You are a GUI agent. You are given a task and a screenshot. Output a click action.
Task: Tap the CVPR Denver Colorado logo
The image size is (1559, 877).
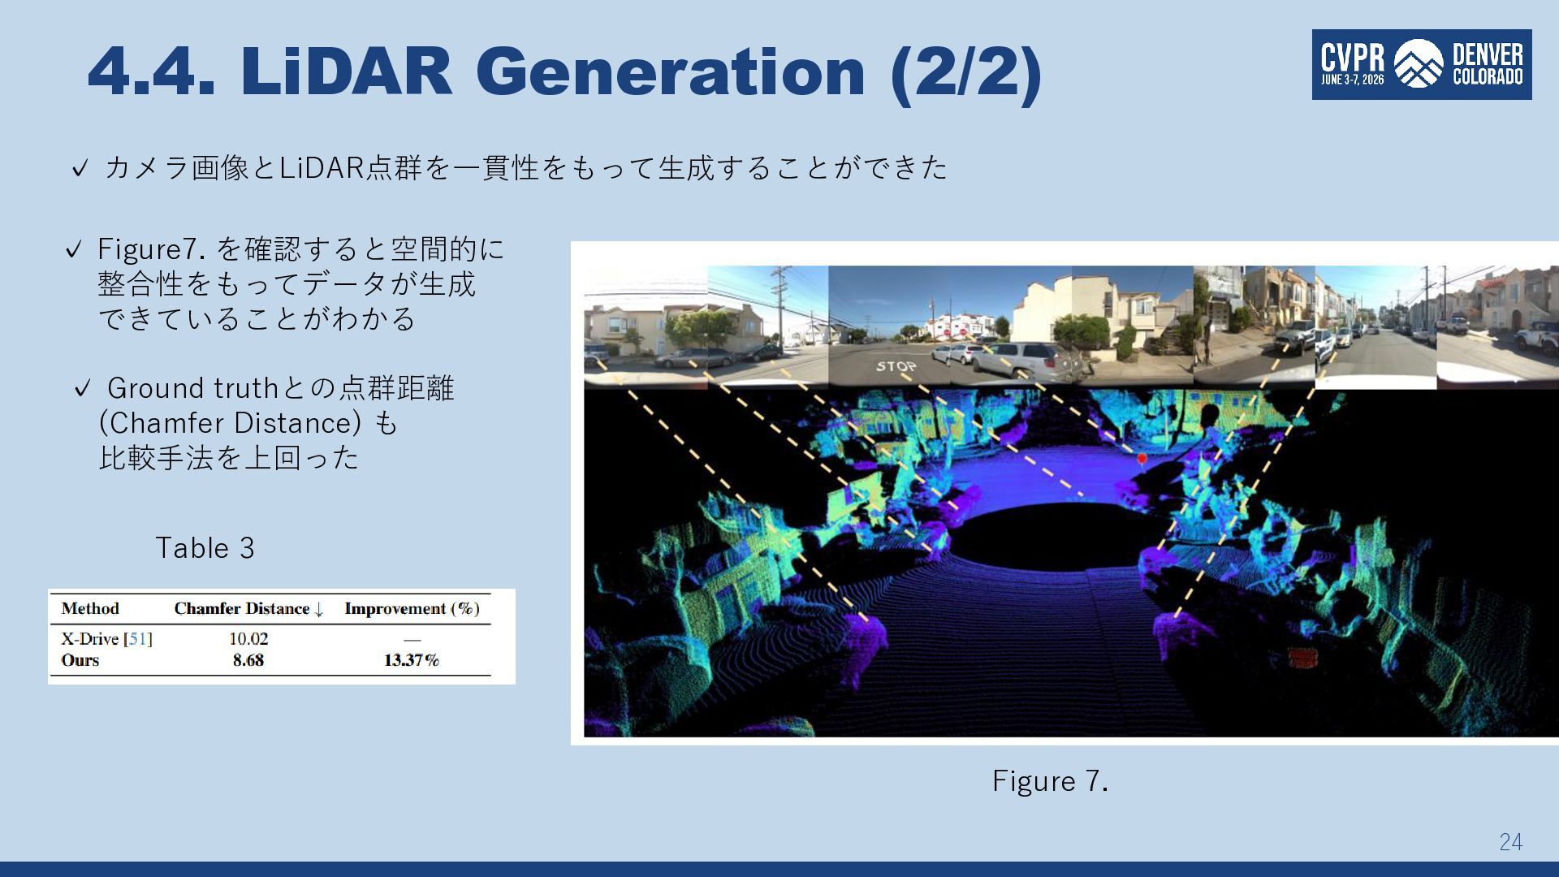click(1422, 65)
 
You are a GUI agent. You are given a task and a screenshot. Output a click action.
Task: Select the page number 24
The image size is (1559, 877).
click(1511, 842)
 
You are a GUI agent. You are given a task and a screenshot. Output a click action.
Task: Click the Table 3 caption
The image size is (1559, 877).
click(205, 548)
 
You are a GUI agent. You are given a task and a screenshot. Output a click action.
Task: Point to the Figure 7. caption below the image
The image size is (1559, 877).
click(1050, 781)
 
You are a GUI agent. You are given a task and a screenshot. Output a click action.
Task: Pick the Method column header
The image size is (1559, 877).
click(90, 608)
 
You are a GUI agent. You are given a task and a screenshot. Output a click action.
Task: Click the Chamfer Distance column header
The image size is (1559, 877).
click(248, 609)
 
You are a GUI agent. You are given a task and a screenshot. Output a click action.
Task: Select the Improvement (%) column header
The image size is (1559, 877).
click(412, 609)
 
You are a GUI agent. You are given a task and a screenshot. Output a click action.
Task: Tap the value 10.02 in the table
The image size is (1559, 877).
click(248, 639)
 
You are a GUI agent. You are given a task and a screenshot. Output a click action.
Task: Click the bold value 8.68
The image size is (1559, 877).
click(248, 660)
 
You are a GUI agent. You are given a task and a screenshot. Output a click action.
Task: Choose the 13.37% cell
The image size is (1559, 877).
click(412, 660)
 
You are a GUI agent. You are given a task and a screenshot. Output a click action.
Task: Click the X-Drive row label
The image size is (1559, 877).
click(106, 639)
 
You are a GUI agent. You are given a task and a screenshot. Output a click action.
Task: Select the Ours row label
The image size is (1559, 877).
click(80, 660)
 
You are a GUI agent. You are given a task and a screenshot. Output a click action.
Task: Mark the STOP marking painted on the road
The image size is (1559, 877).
click(896, 367)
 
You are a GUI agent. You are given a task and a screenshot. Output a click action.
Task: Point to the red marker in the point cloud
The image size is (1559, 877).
click(1142, 460)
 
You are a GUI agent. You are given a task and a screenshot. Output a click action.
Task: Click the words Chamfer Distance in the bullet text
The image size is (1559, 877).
click(230, 423)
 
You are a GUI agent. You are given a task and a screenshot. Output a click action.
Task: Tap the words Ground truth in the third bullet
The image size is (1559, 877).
click(193, 388)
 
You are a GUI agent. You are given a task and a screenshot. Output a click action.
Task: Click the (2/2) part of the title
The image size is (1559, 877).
click(966, 73)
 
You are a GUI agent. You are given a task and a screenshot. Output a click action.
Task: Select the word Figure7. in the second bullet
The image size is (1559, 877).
click(151, 249)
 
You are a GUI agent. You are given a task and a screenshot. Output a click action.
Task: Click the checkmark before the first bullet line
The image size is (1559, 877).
click(80, 169)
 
